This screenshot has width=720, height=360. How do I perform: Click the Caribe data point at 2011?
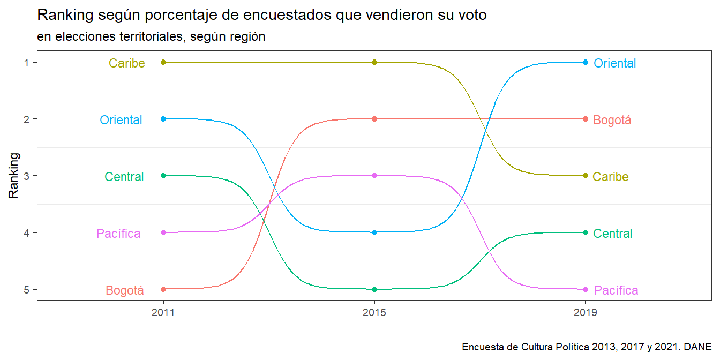point(163,62)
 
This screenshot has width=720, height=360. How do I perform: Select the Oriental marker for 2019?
point(586,62)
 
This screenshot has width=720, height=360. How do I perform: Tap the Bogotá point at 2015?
point(374,119)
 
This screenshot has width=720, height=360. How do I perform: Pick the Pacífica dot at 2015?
point(374,176)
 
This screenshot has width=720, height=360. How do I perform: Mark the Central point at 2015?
point(374,289)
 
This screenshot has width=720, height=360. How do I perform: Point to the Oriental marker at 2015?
point(374,232)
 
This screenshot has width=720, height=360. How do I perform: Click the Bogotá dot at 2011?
point(163,289)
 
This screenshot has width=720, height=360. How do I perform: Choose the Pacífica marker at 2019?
point(586,289)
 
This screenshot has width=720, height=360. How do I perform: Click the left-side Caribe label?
point(127,63)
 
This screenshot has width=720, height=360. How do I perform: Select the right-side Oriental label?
point(615,63)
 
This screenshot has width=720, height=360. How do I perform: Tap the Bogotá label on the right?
point(612,120)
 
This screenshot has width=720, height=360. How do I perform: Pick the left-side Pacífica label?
point(118,234)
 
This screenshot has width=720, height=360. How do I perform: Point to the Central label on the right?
point(613,234)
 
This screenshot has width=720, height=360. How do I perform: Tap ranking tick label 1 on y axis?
point(27,62)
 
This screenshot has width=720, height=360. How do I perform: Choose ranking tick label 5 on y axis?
point(27,289)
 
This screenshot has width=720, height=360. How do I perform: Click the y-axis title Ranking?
point(14,176)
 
